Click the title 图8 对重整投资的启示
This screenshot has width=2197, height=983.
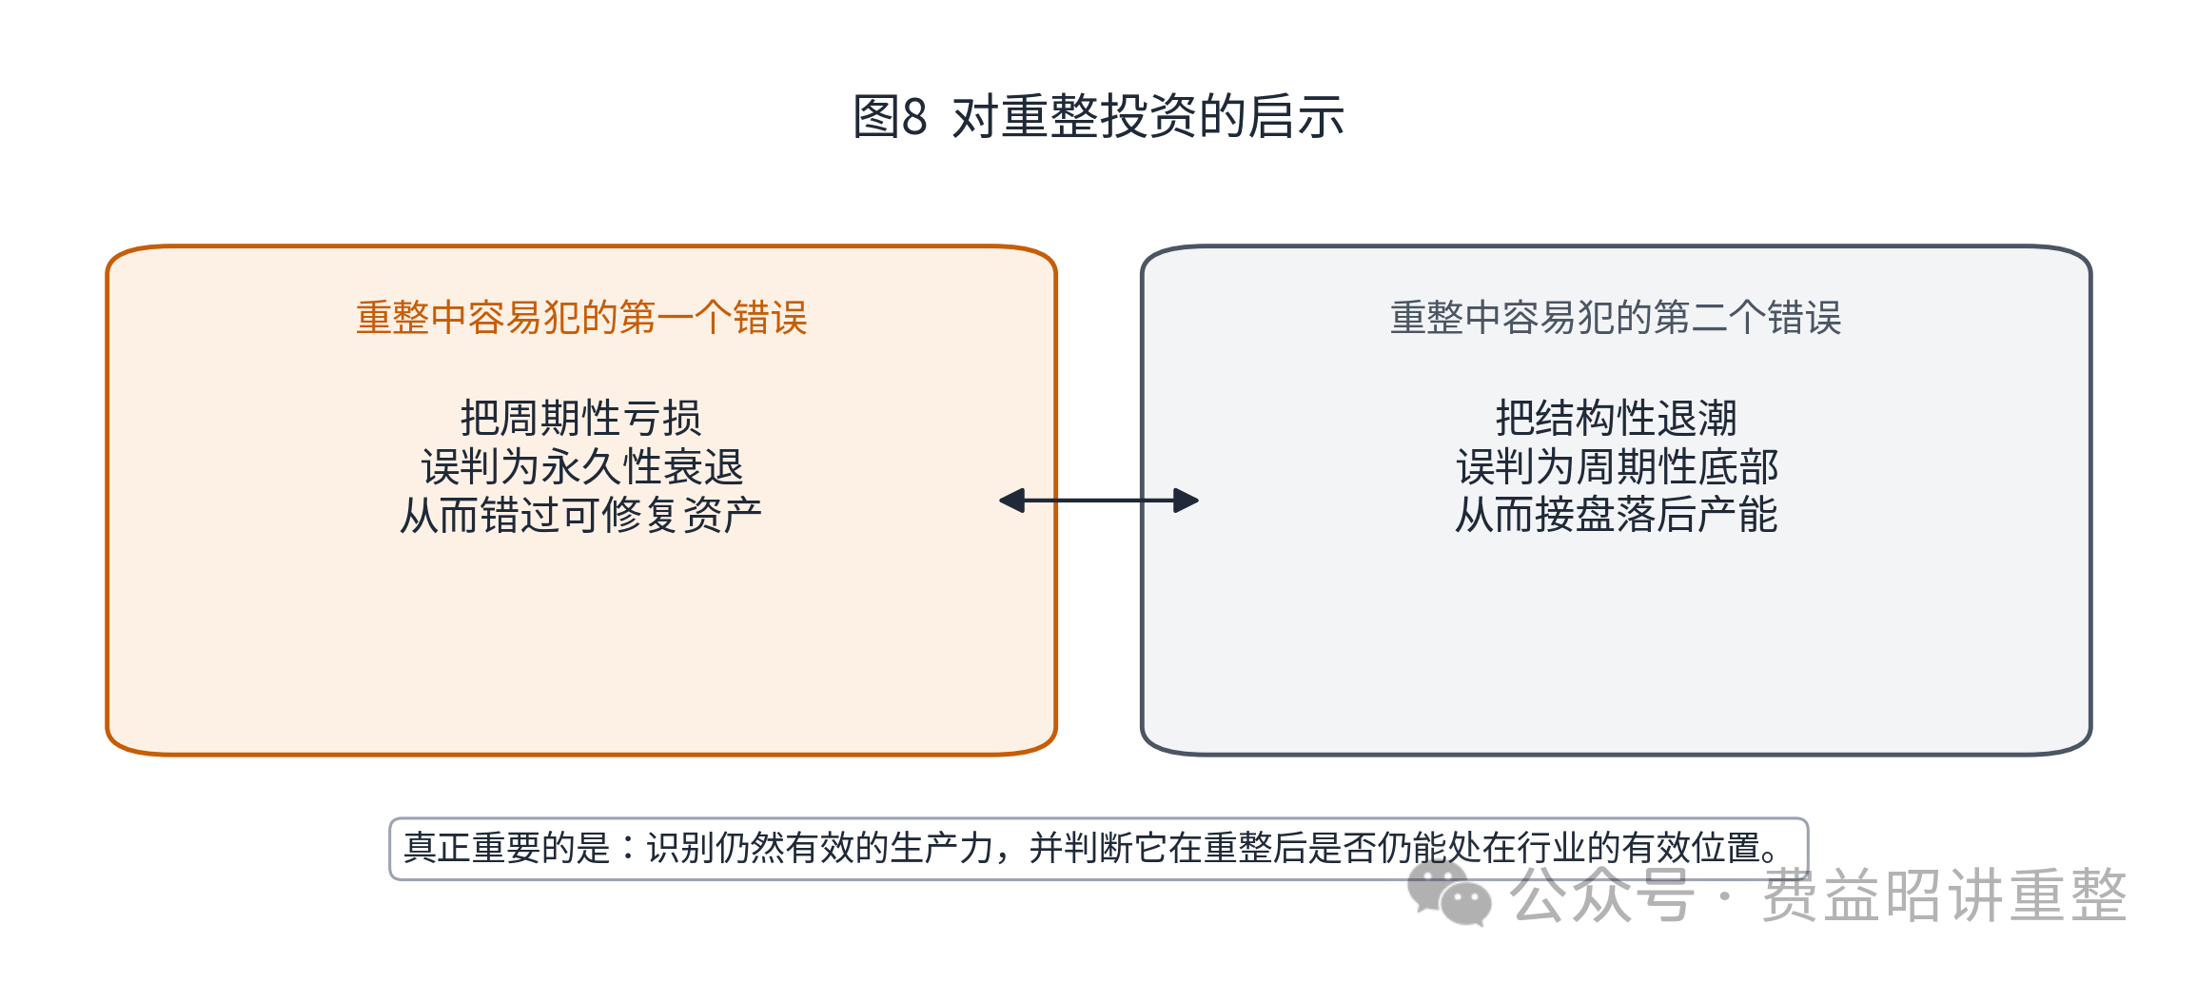pos(1098,117)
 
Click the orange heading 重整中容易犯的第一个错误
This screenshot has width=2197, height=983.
pos(581,318)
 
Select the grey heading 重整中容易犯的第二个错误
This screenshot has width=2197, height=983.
pos(1616,318)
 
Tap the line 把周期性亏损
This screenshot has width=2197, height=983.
pos(581,418)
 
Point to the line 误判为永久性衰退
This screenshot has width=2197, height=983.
pos(581,466)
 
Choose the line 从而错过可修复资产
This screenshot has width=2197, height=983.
pos(581,515)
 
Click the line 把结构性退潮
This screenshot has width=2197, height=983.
pos(1616,418)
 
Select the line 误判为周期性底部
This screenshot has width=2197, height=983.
pos(1616,466)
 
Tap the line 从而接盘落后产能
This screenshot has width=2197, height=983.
pos(1616,515)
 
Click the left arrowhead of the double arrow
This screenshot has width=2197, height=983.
pos(1011,501)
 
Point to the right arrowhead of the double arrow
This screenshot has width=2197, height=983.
pos(1187,501)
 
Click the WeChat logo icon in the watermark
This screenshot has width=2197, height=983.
pos(1449,894)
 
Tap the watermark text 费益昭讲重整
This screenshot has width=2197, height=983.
pos(1944,895)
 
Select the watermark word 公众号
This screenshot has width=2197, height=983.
pos(1602,895)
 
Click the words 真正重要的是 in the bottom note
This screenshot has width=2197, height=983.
pos(506,848)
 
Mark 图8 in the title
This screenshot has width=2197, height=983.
pos(890,117)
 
